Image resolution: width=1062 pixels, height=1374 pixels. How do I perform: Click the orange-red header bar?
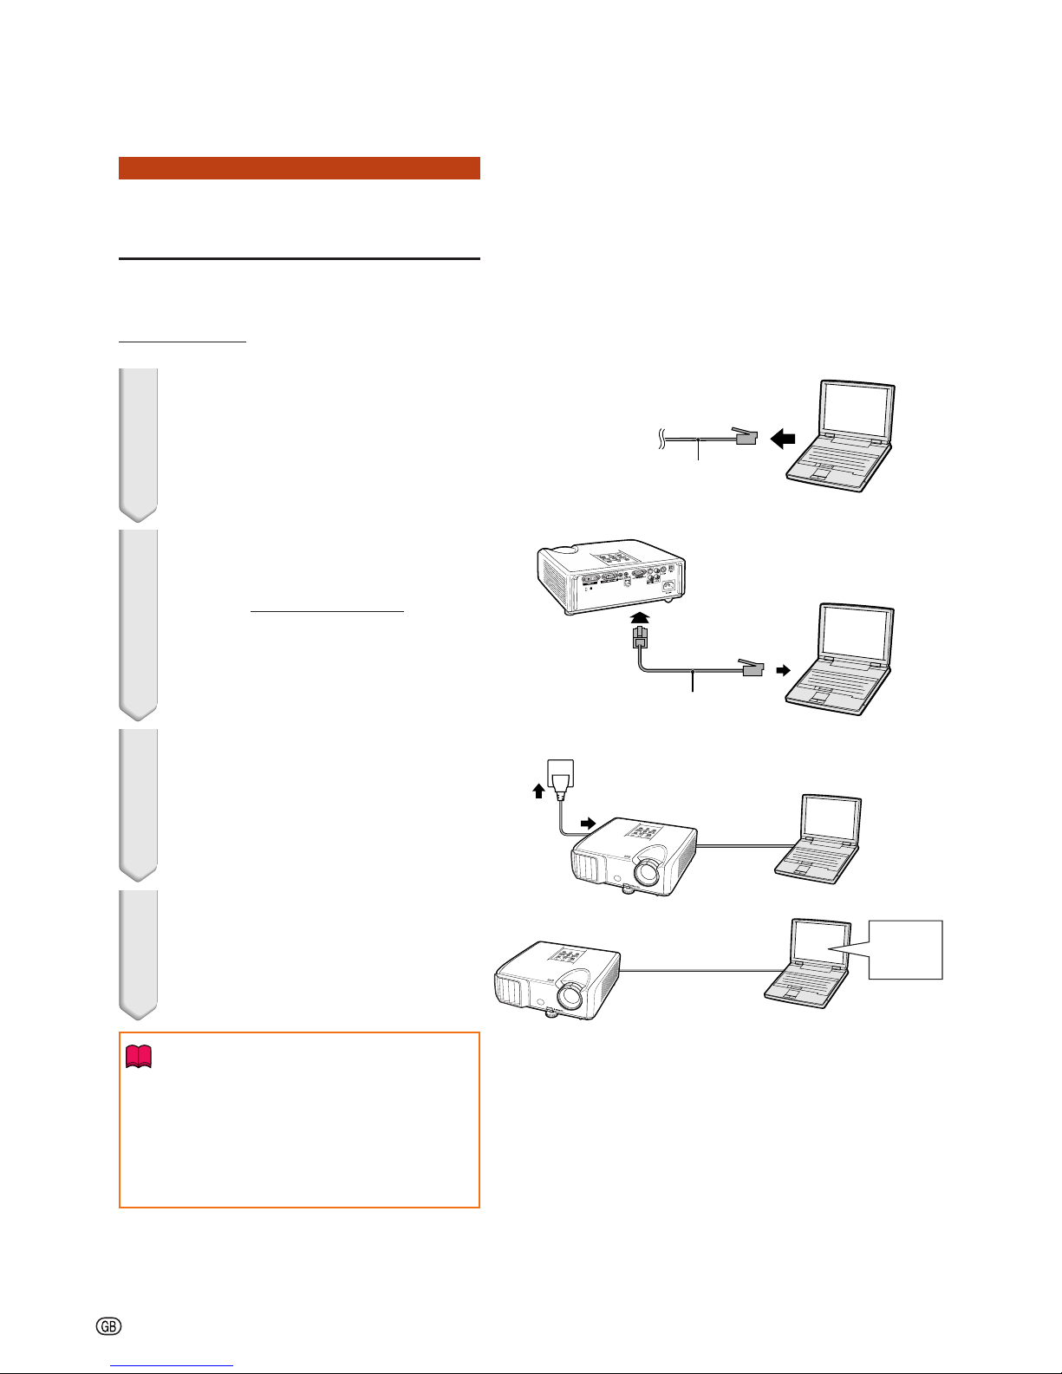299,168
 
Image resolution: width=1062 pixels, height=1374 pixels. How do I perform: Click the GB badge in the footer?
108,1326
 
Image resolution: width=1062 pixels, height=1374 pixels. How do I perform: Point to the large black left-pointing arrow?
783,438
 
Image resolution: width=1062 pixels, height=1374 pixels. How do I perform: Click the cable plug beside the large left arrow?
745,436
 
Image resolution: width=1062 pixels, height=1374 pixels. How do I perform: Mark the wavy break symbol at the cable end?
661,438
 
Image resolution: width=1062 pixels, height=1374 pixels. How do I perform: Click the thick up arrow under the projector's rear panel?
641,618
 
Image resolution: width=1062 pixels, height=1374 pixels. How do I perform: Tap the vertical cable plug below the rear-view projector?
641,637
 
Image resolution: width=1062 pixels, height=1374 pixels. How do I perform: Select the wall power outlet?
560,772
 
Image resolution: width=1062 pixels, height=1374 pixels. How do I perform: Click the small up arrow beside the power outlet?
538,791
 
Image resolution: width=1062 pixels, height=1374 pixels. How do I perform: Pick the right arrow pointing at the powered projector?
588,824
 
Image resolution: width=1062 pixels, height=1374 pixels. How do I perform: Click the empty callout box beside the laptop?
905,950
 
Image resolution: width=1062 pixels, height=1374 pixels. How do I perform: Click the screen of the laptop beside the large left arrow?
857,408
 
